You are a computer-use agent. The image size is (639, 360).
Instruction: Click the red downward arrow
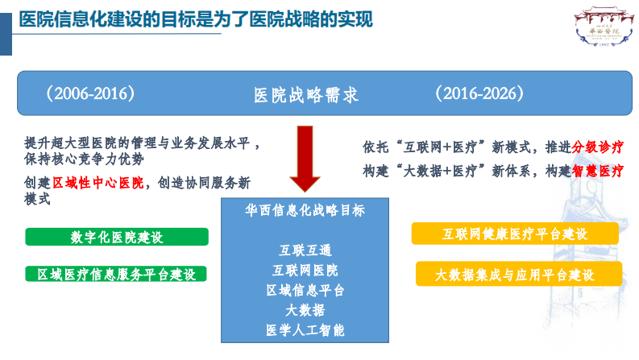click(305, 160)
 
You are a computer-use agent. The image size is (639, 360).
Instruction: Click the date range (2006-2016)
click(89, 93)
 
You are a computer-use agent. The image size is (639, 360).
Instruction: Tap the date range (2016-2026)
click(480, 93)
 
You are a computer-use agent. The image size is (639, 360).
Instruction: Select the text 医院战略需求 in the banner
click(305, 94)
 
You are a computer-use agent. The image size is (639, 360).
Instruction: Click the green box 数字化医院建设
click(117, 237)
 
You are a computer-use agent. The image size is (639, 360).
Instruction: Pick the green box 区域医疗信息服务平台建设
click(117, 274)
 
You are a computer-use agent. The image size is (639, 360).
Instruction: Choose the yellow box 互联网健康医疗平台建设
click(515, 234)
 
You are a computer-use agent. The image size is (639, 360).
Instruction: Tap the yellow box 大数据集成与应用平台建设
click(515, 274)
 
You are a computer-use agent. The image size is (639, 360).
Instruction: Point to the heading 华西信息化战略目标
click(305, 210)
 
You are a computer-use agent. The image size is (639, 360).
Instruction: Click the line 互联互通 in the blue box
click(305, 250)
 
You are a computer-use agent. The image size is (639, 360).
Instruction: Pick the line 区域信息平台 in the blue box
click(305, 289)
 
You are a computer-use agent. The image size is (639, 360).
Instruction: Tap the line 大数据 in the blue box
click(305, 309)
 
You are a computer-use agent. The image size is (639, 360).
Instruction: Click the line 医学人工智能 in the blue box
click(305, 329)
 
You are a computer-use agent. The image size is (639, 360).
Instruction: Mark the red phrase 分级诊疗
click(598, 147)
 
